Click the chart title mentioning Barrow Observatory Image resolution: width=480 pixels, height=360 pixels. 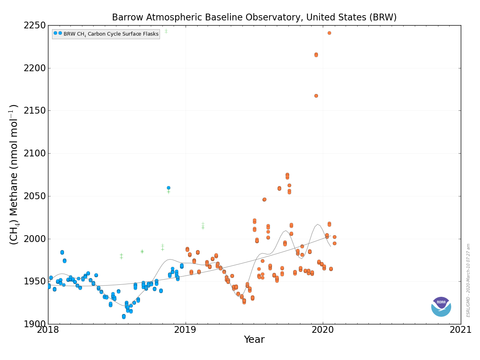tap(254, 17)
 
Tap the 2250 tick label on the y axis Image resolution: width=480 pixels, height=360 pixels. tap(34, 26)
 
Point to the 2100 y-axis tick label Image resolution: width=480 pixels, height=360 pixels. tap(34, 154)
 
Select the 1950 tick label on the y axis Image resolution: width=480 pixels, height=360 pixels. tap(34, 282)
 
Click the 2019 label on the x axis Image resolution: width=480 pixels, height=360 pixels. tap(185, 330)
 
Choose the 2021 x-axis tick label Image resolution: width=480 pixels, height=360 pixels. tap(460, 330)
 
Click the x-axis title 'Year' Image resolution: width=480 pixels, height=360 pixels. tap(254, 340)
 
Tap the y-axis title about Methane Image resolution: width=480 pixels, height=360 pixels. tap(14, 174)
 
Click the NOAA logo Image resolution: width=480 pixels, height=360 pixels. tap(441, 307)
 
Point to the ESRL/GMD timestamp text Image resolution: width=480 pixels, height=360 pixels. tap(468, 280)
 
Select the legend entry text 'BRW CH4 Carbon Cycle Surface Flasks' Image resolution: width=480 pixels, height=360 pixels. tap(111, 34)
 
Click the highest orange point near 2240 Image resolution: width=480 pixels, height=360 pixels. tap(329, 33)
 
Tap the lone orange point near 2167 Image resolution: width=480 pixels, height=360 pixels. tap(316, 96)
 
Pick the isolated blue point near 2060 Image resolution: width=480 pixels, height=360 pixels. tap(169, 188)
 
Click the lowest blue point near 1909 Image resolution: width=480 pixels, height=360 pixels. tap(124, 316)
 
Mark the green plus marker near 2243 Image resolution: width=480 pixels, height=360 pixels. tap(166, 31)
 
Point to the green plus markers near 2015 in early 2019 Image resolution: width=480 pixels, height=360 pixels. tap(203, 226)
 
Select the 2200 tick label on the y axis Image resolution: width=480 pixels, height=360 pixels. tap(34, 68)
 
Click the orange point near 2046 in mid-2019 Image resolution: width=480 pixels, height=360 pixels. tap(264, 199)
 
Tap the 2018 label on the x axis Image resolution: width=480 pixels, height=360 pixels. tap(48, 330)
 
